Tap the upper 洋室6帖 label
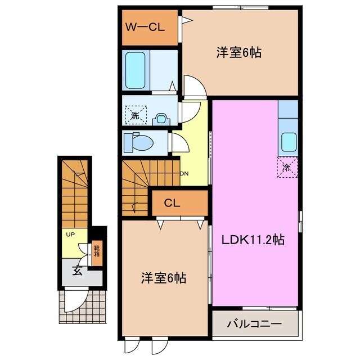240,53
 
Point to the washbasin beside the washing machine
161,118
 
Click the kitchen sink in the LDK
289,141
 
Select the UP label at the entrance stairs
70,234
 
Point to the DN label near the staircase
184,173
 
